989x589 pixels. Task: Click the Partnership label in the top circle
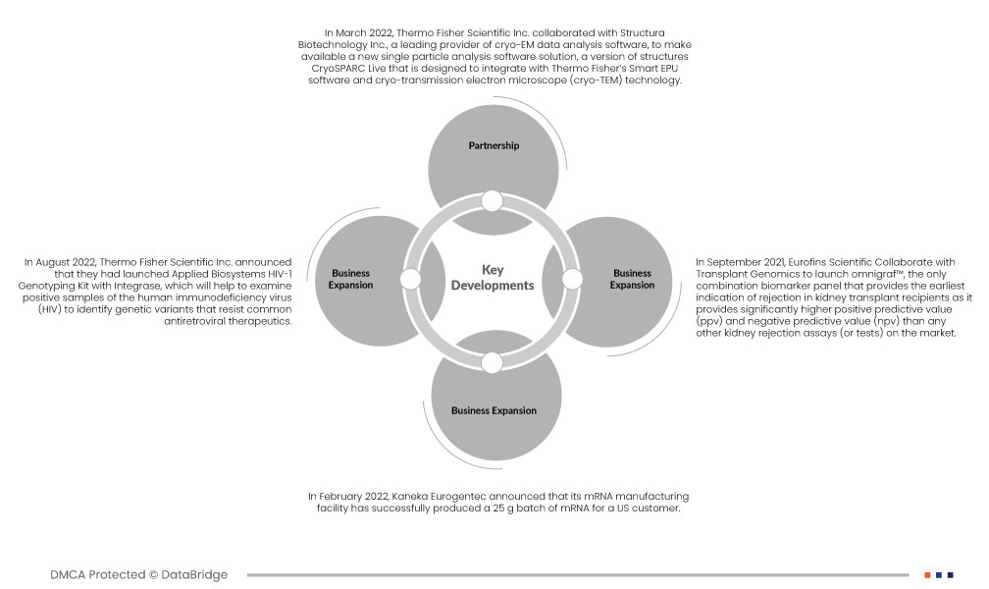494,145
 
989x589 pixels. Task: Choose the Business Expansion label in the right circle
632,279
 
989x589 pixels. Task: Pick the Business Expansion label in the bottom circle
494,410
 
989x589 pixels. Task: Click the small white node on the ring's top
493,202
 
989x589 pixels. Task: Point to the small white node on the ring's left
411,280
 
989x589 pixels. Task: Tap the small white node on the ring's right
573,280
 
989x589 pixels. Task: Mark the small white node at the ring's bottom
493,362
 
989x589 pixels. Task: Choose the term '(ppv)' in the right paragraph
711,321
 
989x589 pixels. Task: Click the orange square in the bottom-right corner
927,574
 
